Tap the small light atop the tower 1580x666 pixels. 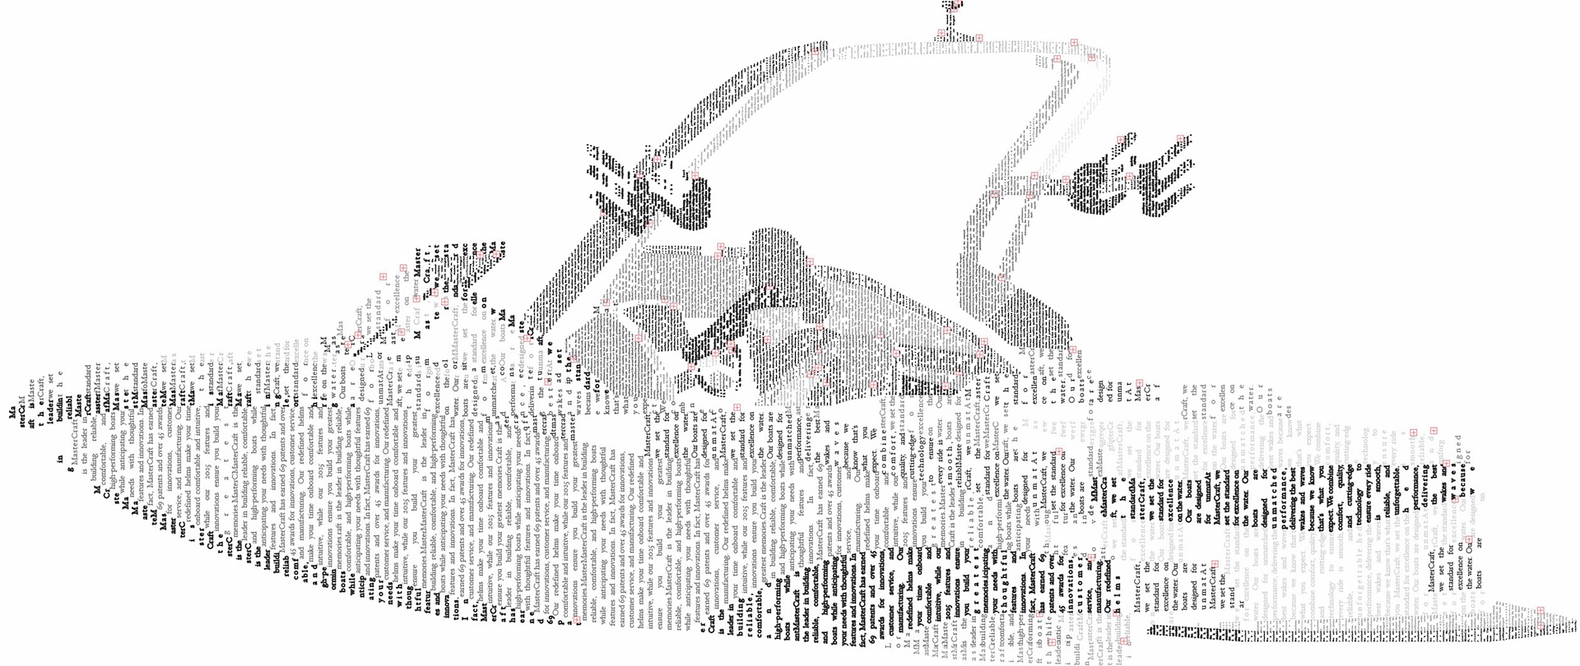[x=953, y=7]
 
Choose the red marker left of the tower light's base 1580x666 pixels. [x=940, y=34]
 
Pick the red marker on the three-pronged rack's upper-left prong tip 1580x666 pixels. [x=1122, y=140]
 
